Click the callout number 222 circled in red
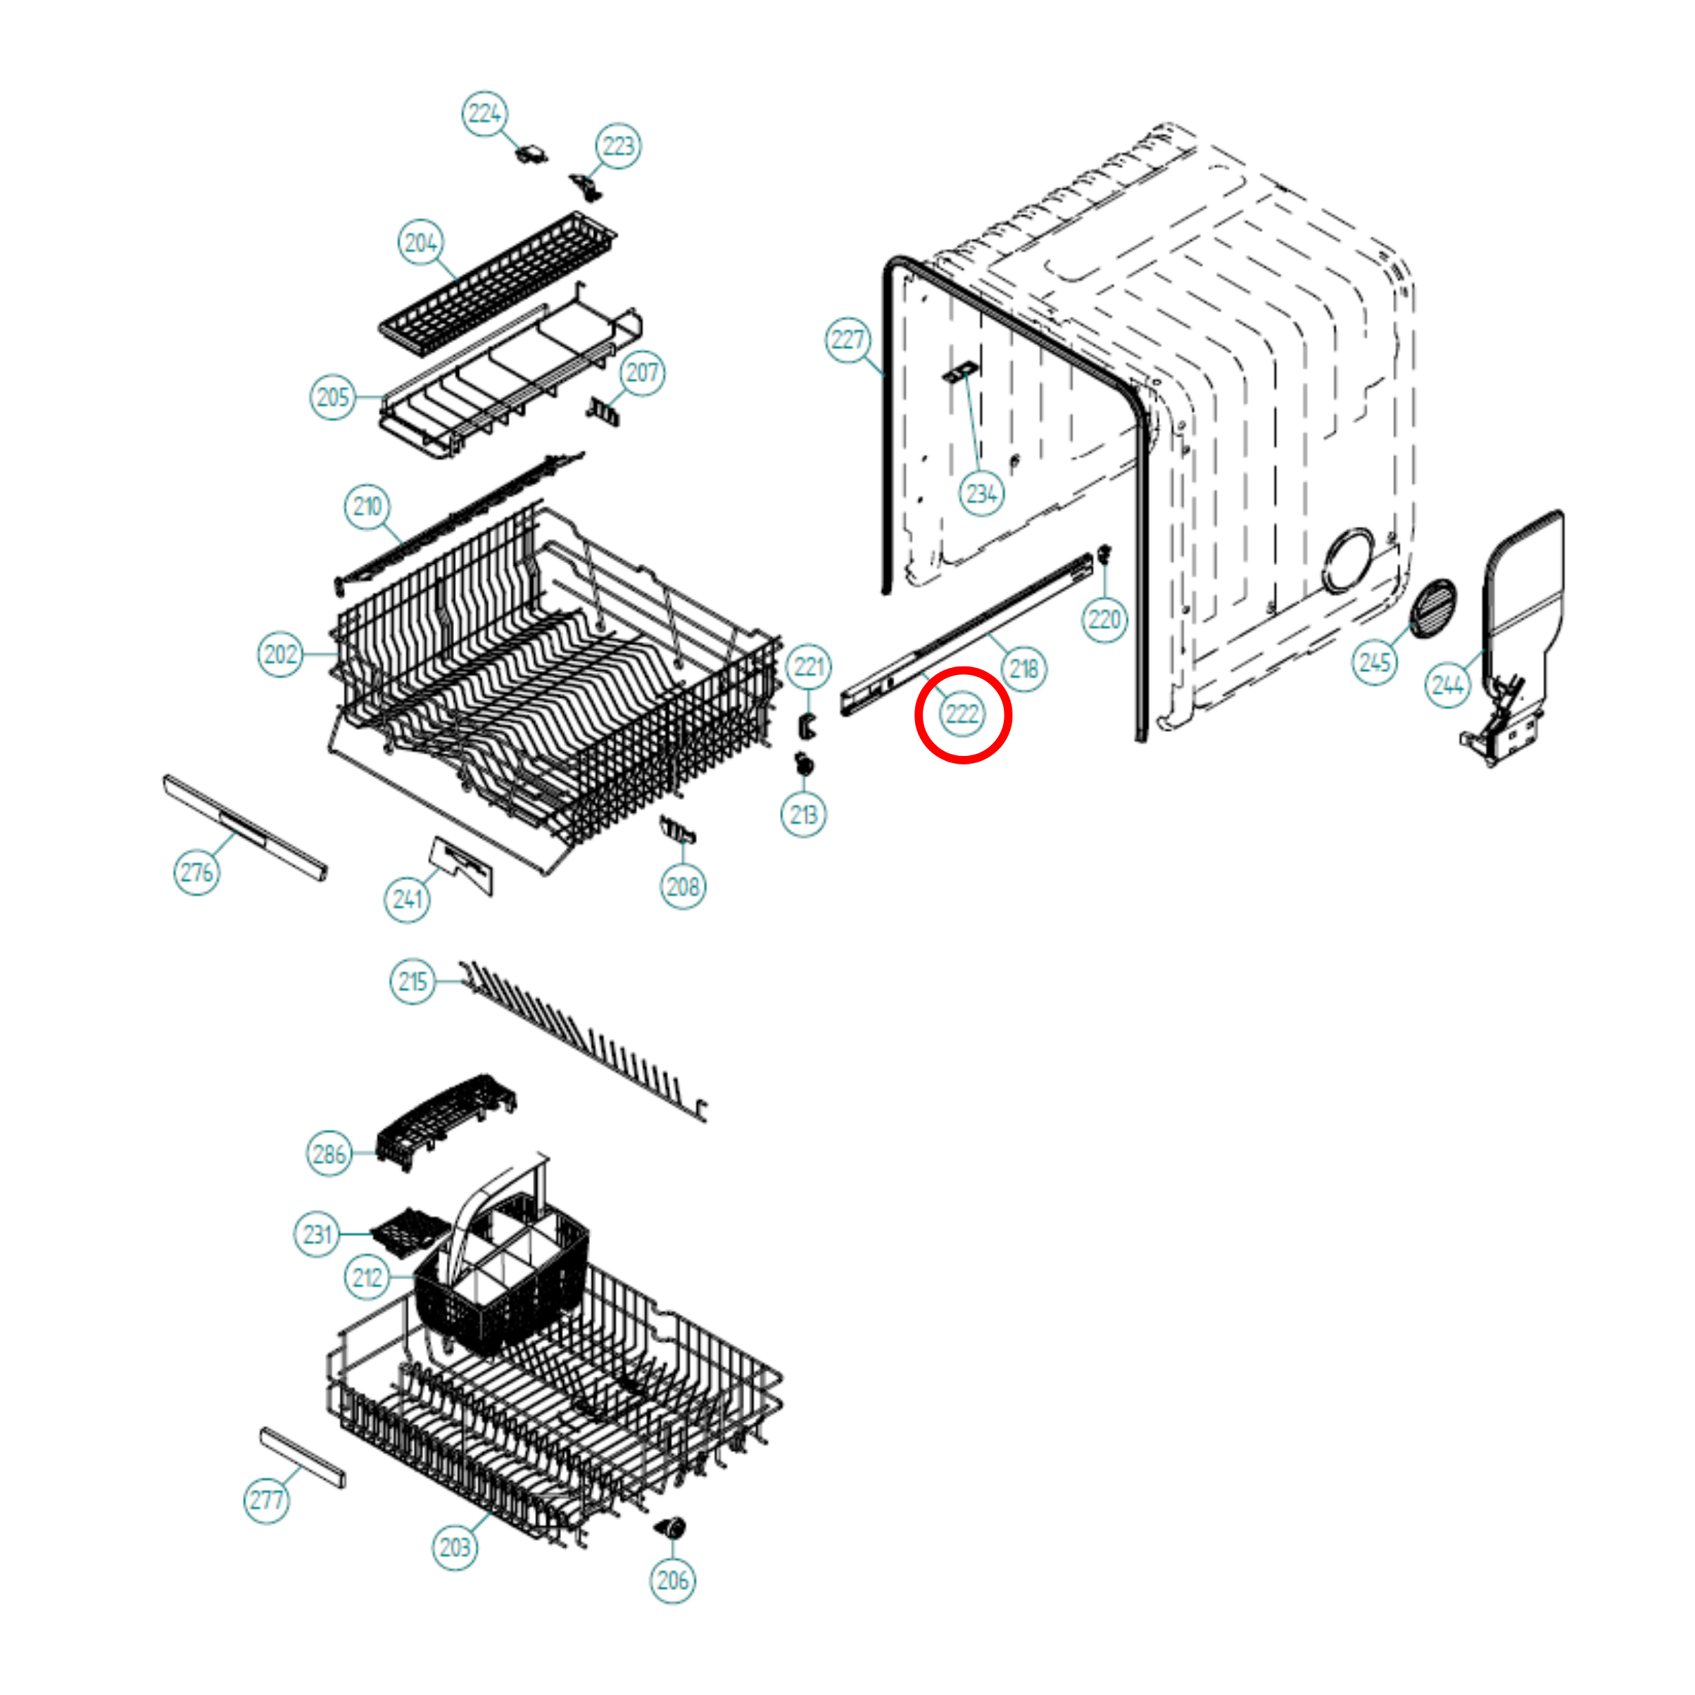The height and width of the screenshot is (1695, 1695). [962, 715]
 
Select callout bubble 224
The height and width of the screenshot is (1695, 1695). [484, 113]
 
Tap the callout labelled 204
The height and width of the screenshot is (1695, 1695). [420, 242]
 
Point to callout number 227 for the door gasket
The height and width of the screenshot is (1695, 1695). [847, 339]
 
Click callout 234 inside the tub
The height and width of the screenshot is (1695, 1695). [982, 494]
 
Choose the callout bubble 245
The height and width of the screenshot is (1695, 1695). [1374, 662]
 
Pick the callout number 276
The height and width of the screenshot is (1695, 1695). [196, 872]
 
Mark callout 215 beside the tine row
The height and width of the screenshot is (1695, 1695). [412, 982]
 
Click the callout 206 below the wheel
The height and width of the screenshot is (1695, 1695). [672, 1580]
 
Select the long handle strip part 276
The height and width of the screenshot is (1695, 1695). [246, 827]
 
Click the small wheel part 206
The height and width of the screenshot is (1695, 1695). [672, 1527]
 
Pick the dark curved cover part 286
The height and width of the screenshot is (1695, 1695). [445, 1121]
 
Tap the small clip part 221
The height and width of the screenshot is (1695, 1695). [806, 726]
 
